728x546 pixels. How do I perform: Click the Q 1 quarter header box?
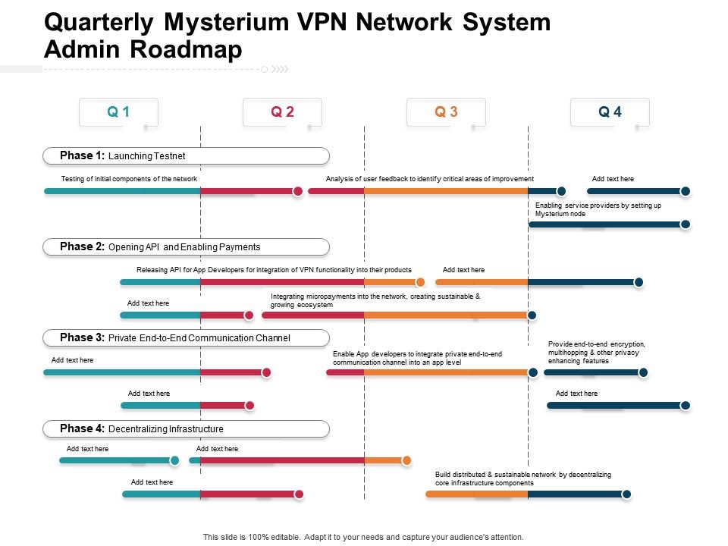[x=118, y=112]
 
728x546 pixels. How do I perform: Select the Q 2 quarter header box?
[x=282, y=112]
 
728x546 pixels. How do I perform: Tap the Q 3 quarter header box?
[x=446, y=112]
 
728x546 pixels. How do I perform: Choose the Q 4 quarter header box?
[x=610, y=112]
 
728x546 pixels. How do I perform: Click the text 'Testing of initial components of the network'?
[x=129, y=179]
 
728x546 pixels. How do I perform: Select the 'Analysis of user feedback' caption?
[x=430, y=179]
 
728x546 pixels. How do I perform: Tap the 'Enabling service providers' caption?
[x=598, y=209]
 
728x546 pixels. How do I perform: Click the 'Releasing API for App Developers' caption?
[x=274, y=270]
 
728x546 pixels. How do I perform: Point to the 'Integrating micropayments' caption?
[x=375, y=300]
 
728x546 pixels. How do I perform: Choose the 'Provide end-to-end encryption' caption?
[x=597, y=353]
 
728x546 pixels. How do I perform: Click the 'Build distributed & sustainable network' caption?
[x=522, y=479]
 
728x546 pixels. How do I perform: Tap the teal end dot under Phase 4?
[x=174, y=460]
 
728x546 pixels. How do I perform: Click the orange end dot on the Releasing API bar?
[x=420, y=282]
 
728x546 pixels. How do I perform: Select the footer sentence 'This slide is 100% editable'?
[x=363, y=537]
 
